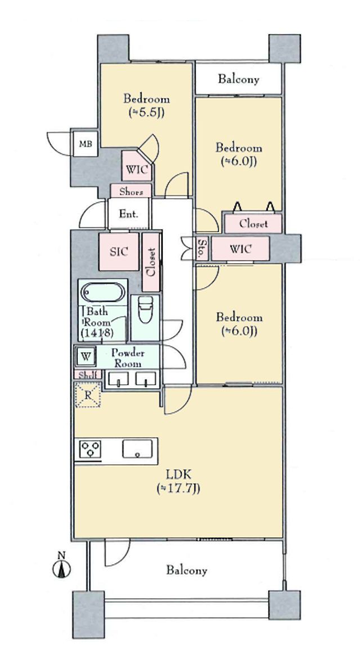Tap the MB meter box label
pyautogui.click(x=86, y=144)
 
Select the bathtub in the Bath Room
pyautogui.click(x=102, y=292)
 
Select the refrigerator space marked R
pyautogui.click(x=88, y=395)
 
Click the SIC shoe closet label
pyautogui.click(x=118, y=251)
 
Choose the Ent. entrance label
pyautogui.click(x=128, y=214)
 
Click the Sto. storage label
pyautogui.click(x=202, y=249)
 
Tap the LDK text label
pyautogui.click(x=179, y=474)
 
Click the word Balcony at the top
pyautogui.click(x=238, y=79)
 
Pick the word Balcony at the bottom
pyautogui.click(x=187, y=570)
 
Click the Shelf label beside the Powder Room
pyautogui.click(x=88, y=375)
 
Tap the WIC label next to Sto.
pyautogui.click(x=240, y=249)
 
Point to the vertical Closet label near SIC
pyautogui.click(x=151, y=262)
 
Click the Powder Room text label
pyautogui.click(x=128, y=358)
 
